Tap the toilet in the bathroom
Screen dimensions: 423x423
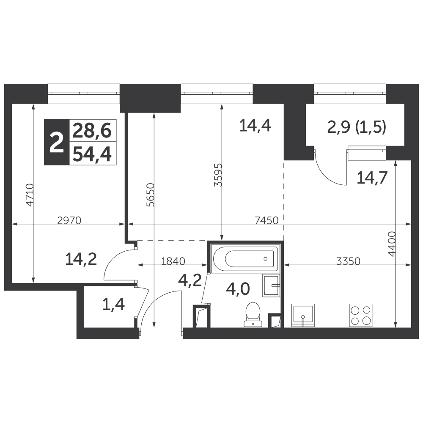coord(253,314)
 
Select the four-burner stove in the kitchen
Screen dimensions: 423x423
coord(361,316)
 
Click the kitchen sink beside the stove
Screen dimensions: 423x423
coord(303,316)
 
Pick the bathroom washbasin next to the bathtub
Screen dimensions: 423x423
coord(271,285)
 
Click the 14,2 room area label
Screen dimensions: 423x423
coord(81,260)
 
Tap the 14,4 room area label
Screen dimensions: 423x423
coord(255,126)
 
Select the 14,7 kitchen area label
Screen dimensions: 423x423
coord(372,178)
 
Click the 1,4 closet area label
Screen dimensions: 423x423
coord(113,305)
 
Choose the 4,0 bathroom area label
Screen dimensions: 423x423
coord(238,289)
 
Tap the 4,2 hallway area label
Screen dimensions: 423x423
coord(190,280)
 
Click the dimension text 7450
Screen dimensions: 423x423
coord(266,221)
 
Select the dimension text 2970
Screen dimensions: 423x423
coord(69,221)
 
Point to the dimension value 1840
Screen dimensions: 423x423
coord(173,261)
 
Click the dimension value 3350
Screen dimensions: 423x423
coord(348,261)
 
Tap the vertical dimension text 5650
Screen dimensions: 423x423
coord(151,195)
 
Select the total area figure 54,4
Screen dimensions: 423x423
coord(93,155)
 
